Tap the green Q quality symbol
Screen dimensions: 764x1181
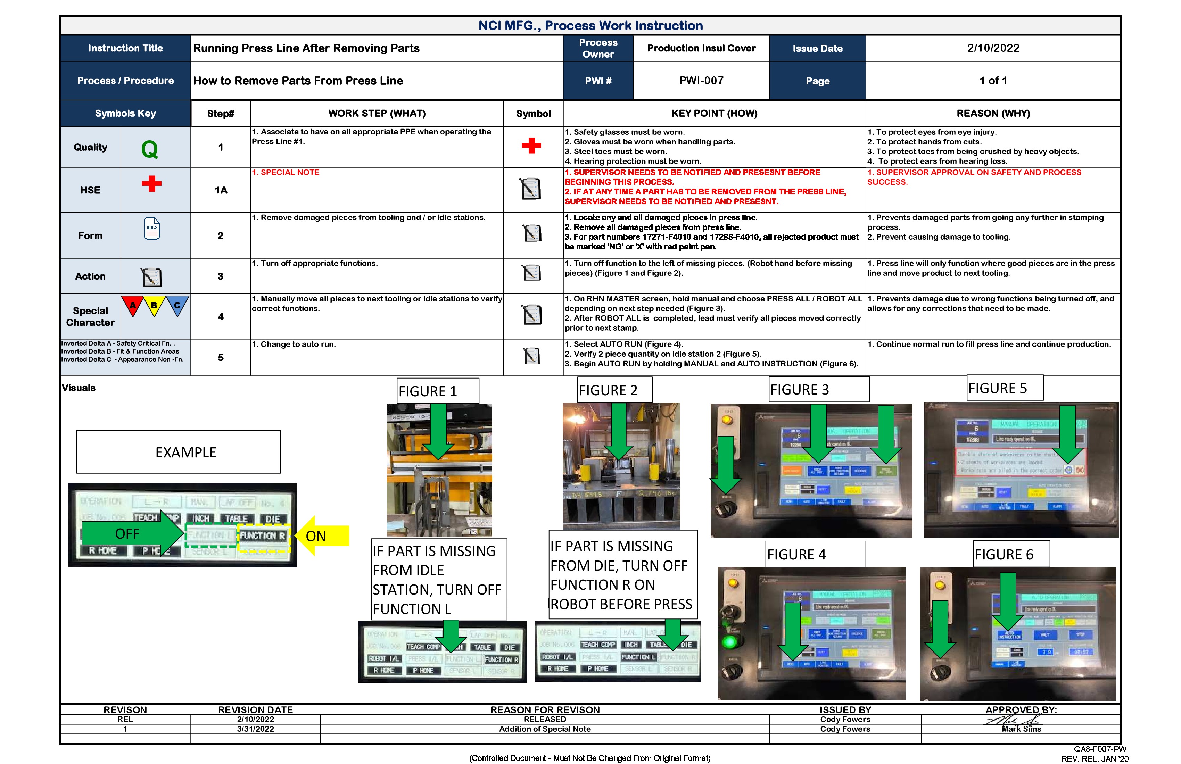click(x=149, y=148)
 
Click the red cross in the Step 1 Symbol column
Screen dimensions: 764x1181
click(x=531, y=146)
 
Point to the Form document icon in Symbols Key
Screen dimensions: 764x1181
click(x=152, y=229)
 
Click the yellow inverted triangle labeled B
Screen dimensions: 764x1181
click(x=154, y=305)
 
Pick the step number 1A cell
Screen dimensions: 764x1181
click(x=221, y=190)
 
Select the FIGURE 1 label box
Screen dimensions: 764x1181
click(x=437, y=391)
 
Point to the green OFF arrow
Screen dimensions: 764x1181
click(x=132, y=534)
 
